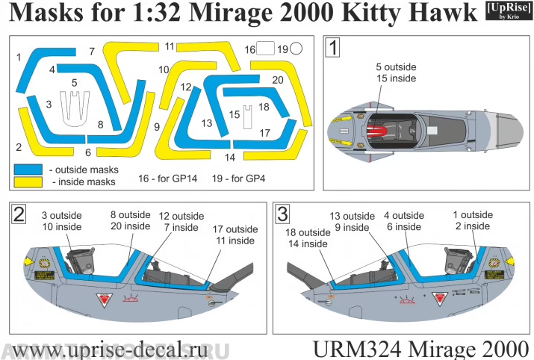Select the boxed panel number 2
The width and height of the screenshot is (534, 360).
(20, 214)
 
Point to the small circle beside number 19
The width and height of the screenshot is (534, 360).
(296, 49)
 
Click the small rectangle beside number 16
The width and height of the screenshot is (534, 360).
(265, 50)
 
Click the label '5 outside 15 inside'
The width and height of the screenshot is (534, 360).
(397, 72)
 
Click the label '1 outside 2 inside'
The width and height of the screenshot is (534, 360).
(473, 220)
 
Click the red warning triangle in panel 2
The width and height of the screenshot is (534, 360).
(104, 302)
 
